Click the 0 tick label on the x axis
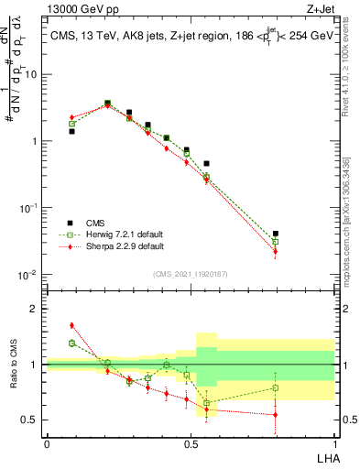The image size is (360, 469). coord(47,442)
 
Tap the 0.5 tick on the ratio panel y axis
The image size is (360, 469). coord(30,420)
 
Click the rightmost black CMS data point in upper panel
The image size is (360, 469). coord(276,234)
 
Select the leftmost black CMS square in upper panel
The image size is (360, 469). coord(71,131)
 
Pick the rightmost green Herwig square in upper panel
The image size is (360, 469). coord(276,242)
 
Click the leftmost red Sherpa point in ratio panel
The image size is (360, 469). coord(71,325)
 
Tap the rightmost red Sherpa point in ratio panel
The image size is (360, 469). coord(276,415)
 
